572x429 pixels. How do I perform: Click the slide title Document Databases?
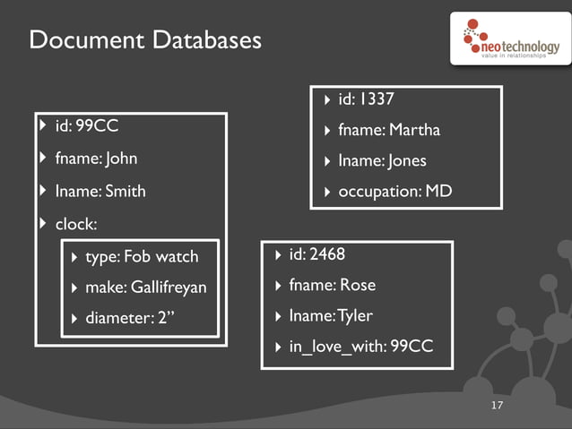[145, 40]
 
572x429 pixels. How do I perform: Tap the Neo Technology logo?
[508, 41]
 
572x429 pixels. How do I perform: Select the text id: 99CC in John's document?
[87, 126]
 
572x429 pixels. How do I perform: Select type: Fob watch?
[142, 257]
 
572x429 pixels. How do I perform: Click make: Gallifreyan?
[145, 287]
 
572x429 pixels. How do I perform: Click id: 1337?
[366, 99]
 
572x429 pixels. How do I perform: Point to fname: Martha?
[389, 130]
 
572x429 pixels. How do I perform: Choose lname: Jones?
[382, 161]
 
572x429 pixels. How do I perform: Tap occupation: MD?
[394, 192]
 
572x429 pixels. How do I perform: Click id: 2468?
[316, 254]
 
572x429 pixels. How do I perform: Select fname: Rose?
[332, 285]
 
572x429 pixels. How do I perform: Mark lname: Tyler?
[330, 315]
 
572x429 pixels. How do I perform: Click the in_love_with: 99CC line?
[360, 346]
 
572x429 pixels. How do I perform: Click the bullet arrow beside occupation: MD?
[327, 193]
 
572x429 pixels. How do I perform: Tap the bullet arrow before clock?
[43, 223]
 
